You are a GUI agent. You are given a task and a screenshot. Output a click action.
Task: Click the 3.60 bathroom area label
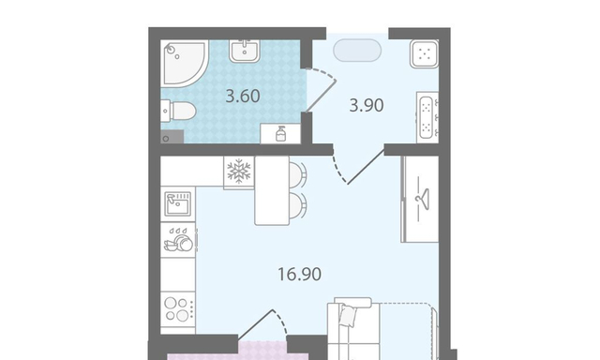pos(243,96)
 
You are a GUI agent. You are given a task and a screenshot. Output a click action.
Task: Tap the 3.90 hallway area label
pos(367,105)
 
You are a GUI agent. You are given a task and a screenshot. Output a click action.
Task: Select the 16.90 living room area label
pos(299,274)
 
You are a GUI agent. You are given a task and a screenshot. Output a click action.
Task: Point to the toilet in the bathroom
pos(178,111)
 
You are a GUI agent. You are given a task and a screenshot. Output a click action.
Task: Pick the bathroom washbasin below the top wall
pos(245,51)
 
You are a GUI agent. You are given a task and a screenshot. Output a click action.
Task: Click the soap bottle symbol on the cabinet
pos(280,134)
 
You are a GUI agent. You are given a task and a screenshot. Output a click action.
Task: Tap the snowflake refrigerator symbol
pos(239,171)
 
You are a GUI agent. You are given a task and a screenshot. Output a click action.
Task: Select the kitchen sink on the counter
pos(178,204)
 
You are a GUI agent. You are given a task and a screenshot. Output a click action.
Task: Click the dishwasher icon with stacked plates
pos(178,240)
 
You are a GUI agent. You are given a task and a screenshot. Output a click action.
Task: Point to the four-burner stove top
pos(178,309)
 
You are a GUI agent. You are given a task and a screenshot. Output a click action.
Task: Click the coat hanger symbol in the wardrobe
pos(423,197)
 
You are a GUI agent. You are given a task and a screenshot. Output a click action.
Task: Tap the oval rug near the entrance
pos(357,50)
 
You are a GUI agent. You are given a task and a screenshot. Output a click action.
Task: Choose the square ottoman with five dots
pos(424,54)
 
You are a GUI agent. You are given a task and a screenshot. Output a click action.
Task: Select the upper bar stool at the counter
pos(298,174)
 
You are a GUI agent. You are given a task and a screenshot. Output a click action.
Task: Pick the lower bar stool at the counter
pos(298,204)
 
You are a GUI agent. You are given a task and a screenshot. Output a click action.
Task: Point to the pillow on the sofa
pos(349,315)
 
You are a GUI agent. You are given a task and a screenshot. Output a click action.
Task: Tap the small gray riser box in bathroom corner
pos(172,137)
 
